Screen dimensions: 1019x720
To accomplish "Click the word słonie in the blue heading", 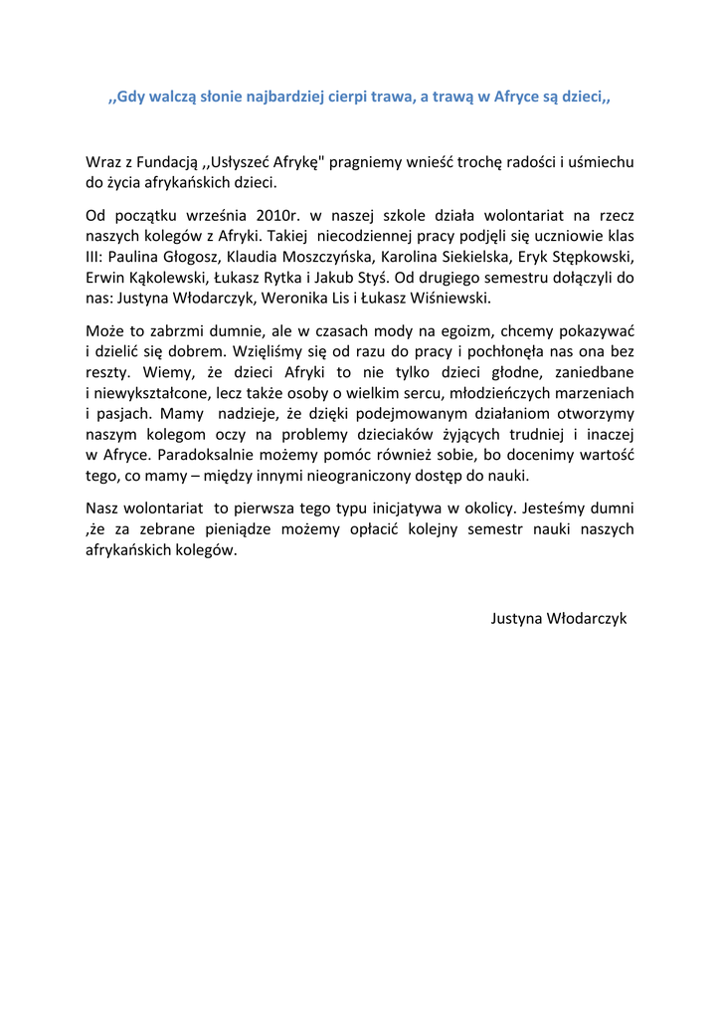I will [229, 98].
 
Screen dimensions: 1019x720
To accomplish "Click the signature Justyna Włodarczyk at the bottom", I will [559, 618].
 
